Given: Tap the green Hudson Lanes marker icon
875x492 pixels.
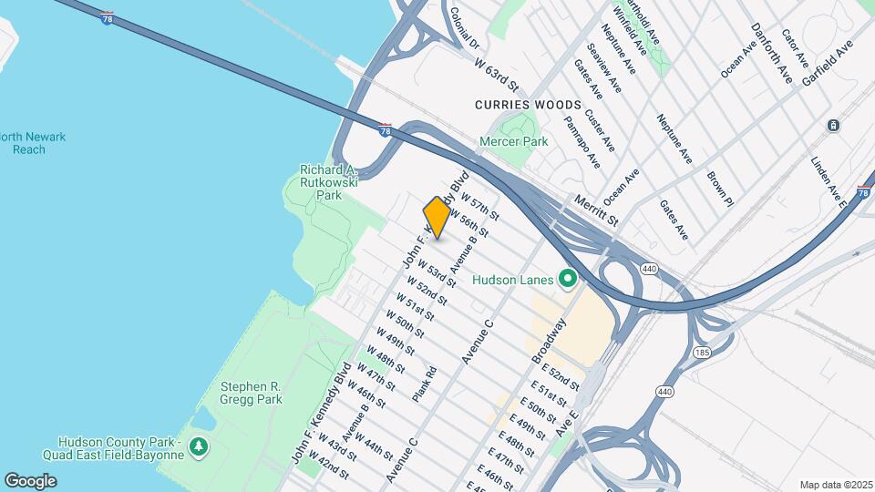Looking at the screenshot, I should (x=568, y=279).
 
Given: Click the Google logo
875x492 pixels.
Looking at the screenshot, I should (x=30, y=480).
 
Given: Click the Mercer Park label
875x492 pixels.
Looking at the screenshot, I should (x=514, y=142).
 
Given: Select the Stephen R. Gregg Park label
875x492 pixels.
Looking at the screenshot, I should (x=251, y=392).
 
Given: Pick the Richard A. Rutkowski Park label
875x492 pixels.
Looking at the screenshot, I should (x=329, y=182).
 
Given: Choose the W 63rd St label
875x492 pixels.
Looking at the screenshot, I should (x=497, y=75).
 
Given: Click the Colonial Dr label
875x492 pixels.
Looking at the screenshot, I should (x=464, y=29).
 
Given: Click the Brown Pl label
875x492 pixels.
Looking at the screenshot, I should (x=719, y=185).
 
